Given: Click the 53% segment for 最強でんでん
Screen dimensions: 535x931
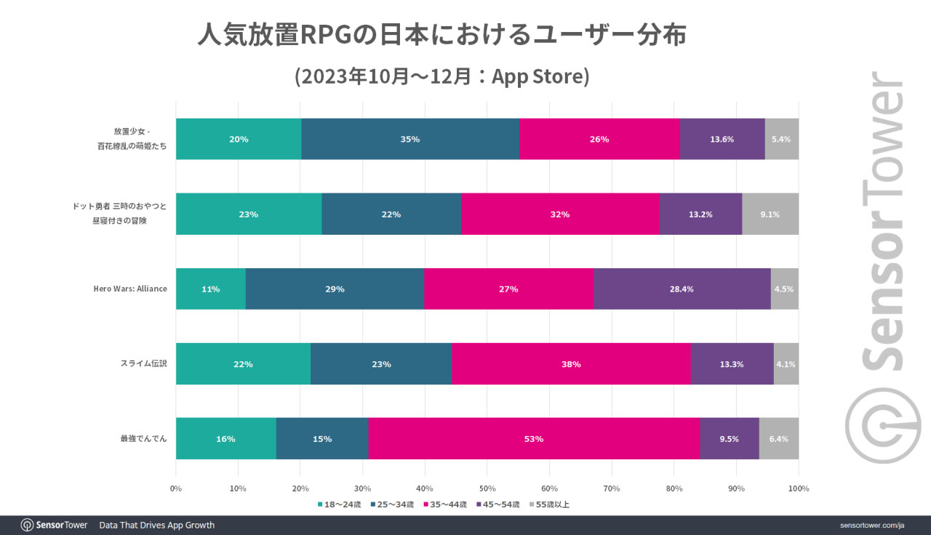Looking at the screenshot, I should [x=534, y=438].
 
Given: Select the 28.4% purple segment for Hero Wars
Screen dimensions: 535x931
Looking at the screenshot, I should [x=682, y=289].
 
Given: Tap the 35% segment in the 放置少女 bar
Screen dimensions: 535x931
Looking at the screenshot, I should [x=410, y=139].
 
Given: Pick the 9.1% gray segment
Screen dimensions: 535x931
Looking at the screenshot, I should [x=770, y=214].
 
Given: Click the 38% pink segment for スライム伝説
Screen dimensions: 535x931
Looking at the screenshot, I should [x=571, y=363].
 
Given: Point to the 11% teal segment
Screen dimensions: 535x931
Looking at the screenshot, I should [x=211, y=289].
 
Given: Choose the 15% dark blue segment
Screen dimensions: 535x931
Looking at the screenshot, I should [x=322, y=438].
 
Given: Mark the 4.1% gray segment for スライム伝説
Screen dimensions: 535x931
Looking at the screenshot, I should [x=786, y=363].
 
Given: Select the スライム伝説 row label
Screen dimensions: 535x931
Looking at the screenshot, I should [x=143, y=363].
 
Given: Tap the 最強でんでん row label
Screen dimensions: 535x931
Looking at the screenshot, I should [x=143, y=438].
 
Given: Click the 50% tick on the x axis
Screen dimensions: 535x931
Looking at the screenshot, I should [x=487, y=488].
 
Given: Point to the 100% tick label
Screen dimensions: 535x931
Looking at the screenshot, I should [x=799, y=488].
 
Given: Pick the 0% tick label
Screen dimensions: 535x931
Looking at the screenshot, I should [x=176, y=488].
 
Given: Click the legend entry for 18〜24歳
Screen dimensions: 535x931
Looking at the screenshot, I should [x=339, y=504].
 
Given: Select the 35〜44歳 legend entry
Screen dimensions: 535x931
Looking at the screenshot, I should [x=445, y=504].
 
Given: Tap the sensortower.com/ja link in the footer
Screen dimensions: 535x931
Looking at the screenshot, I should [x=871, y=525].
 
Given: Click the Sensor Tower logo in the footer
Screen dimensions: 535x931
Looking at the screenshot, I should [x=55, y=525].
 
